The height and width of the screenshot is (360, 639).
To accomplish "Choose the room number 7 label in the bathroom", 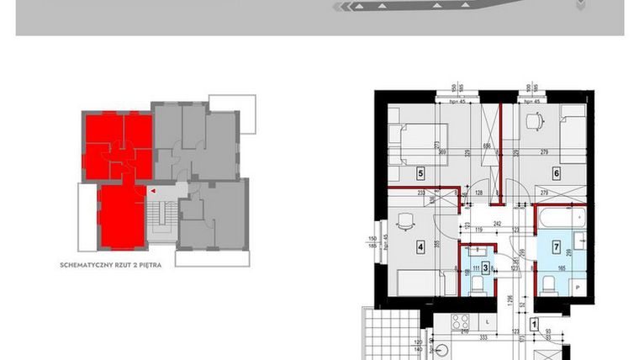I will (556, 247).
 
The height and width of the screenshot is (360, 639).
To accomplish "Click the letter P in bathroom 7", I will (576, 286).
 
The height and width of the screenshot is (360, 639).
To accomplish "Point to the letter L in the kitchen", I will (488, 322).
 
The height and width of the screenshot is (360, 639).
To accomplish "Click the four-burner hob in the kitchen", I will (460, 320).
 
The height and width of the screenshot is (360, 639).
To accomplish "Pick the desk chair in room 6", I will (531, 122).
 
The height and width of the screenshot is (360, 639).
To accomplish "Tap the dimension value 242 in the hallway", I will (497, 224).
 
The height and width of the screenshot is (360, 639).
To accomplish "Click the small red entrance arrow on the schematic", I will (152, 191).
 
